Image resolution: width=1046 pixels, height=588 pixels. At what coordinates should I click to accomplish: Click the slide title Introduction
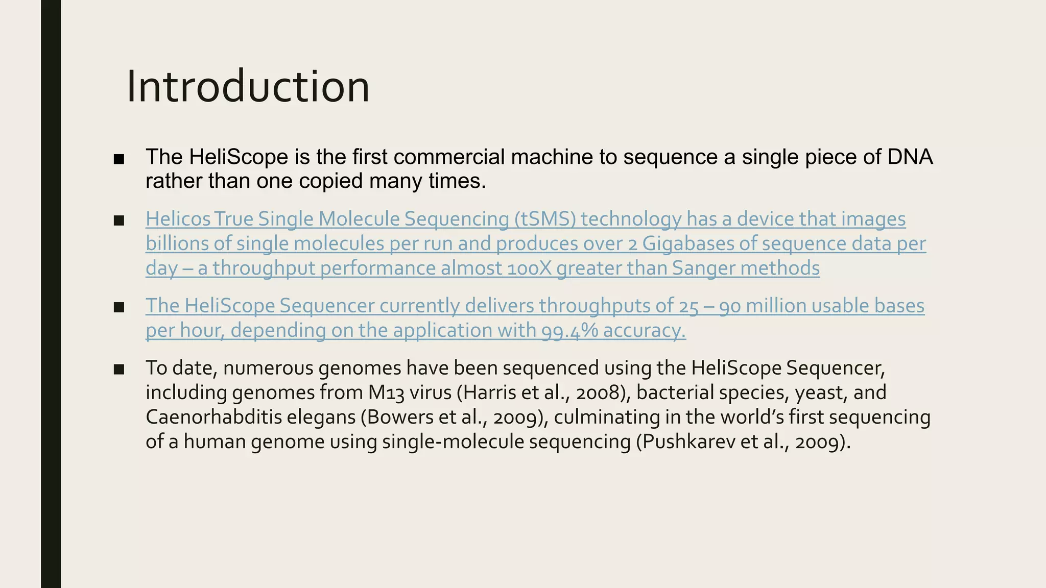coord(248,87)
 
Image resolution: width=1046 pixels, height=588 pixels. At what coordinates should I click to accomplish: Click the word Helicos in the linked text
coord(178,219)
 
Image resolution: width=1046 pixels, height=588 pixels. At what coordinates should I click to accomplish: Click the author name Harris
coord(491,393)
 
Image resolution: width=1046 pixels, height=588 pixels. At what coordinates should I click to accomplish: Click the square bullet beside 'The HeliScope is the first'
coord(119,159)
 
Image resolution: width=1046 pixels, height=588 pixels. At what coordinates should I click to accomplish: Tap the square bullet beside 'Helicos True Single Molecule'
coord(119,220)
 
